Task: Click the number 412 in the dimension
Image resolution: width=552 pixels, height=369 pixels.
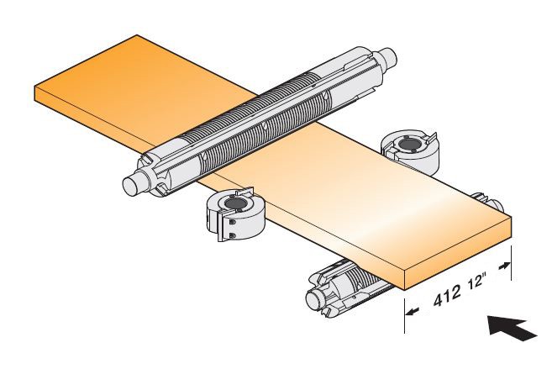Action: [x=446, y=296]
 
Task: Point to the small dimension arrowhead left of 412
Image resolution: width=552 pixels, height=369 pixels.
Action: [x=412, y=311]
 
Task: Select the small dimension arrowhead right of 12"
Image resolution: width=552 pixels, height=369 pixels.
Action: [x=505, y=266]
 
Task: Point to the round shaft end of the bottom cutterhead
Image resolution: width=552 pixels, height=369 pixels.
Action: [x=315, y=299]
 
